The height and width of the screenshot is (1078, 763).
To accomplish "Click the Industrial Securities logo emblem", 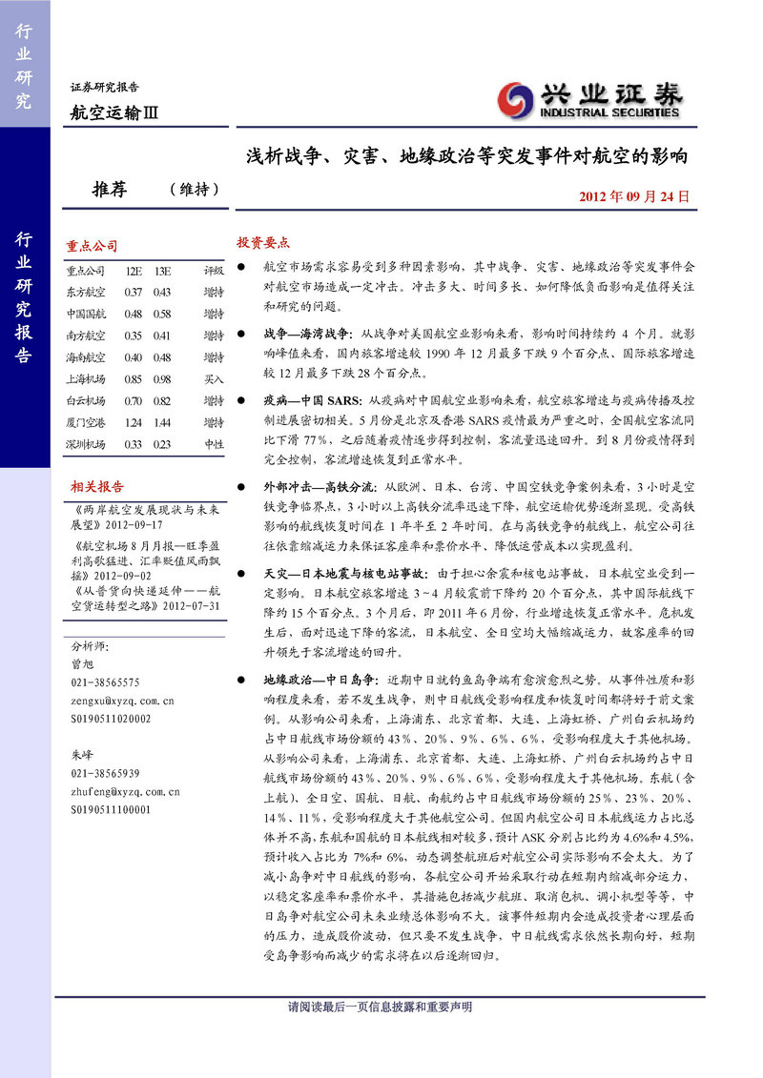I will coord(517,99).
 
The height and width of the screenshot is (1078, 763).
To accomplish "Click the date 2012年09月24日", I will coord(632,196).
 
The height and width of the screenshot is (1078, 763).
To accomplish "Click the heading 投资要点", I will coord(263,242).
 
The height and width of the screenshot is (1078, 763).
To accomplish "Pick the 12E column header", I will coord(134,271).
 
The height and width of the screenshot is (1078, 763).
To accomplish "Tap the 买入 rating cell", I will coord(214,378).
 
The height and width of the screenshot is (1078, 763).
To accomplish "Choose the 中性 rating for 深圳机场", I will coord(214,444).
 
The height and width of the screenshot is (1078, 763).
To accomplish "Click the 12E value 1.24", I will coord(133,422).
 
